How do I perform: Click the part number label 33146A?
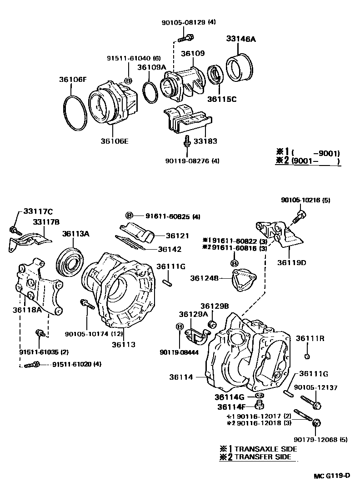241,39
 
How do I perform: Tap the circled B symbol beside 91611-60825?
129,216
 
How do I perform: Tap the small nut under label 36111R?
308,356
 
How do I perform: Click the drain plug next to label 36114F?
260,405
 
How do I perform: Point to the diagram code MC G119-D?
331,476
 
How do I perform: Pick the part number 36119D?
292,262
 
